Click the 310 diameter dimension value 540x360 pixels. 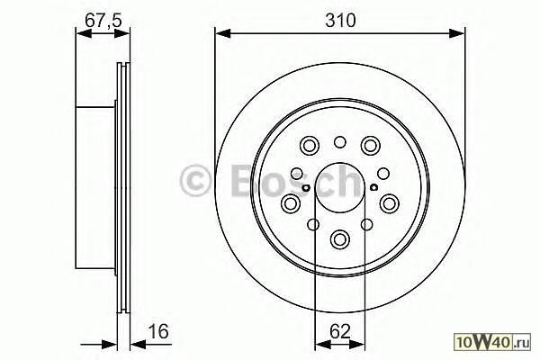[340, 21]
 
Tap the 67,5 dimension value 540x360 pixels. [103, 21]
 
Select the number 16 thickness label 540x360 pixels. [158, 331]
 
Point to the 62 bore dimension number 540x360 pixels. [339, 331]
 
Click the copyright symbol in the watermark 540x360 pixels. [195, 180]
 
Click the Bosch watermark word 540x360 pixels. [296, 180]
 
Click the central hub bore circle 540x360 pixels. [339, 188]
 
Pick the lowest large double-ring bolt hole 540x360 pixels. [339, 239]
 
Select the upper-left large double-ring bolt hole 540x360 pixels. [310, 146]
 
